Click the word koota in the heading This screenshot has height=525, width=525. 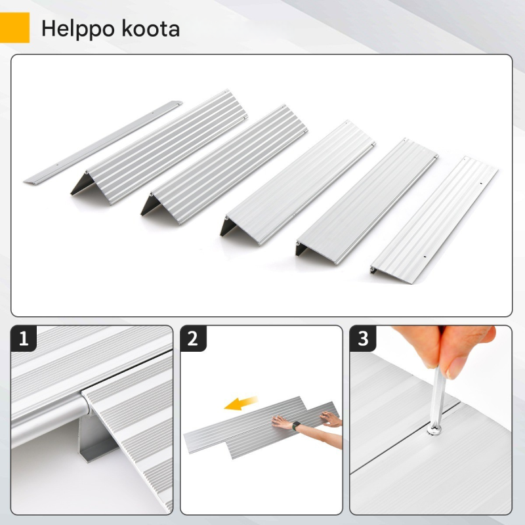tap(150, 28)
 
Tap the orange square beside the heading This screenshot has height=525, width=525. tap(14, 28)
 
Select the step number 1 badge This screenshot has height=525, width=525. tap(24, 339)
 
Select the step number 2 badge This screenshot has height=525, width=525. tap(193, 339)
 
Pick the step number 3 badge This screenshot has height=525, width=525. tap(363, 339)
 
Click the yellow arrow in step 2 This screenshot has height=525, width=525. tap(240, 403)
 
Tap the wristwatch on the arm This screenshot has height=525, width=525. tap(296, 426)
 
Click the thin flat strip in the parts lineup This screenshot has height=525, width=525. tap(103, 142)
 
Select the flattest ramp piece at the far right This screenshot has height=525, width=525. tap(434, 220)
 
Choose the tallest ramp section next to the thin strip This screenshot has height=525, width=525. tap(159, 146)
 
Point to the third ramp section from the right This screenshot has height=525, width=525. tap(298, 183)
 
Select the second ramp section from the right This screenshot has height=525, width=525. tap(367, 201)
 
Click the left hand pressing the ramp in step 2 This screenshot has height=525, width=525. tap(282, 422)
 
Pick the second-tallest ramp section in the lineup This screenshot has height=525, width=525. tap(224, 164)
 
